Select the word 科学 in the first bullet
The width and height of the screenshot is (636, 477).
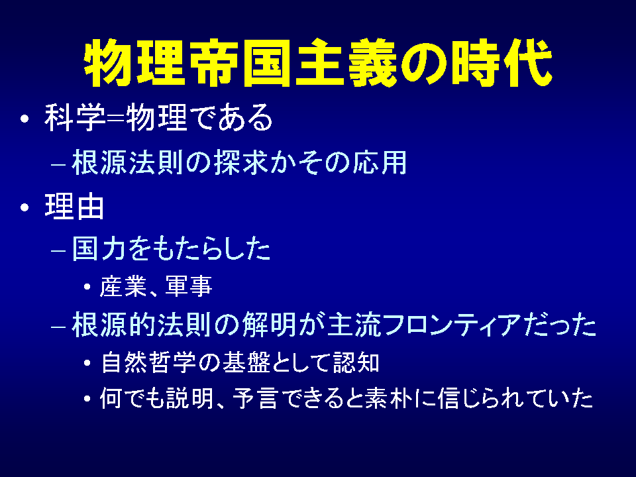pos(75,118)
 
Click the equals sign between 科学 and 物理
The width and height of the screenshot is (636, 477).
pos(115,119)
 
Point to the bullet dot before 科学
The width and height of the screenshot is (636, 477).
pos(25,119)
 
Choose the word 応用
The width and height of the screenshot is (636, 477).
pos(379,163)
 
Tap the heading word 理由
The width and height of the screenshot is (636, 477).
pos(74,207)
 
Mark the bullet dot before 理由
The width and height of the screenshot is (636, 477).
pos(25,207)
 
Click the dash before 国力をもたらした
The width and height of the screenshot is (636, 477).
pos(58,250)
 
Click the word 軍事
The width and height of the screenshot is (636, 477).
pos(189,286)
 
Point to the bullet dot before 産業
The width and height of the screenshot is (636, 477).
pos(87,287)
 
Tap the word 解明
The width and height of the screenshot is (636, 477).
pos(270,325)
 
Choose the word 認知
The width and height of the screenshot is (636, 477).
pos(356,362)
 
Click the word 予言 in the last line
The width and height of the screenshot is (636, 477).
pos(256,398)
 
